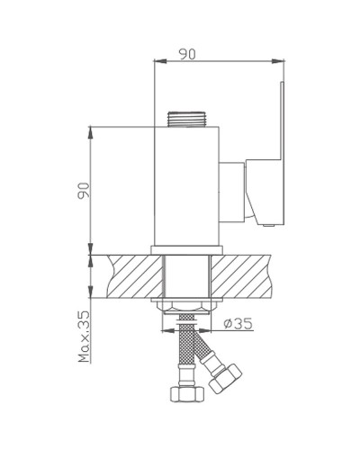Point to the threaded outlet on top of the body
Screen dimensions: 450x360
[187, 119]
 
